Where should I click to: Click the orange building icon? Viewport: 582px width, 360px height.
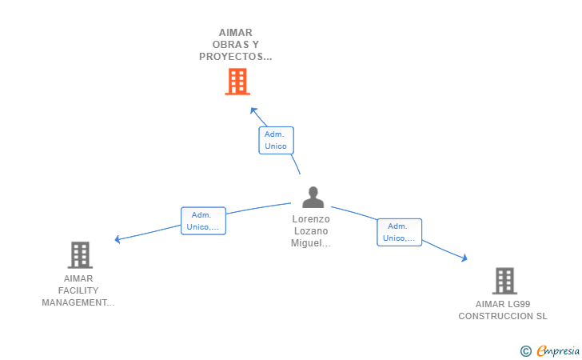(237, 82)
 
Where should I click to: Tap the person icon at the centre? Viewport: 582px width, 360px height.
(313, 198)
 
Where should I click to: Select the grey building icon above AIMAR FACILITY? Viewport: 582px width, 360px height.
(80, 255)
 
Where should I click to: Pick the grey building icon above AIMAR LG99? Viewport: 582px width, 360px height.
(504, 281)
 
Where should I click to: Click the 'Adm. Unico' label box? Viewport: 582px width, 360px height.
(276, 140)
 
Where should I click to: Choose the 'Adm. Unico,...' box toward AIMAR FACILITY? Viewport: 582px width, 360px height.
(203, 221)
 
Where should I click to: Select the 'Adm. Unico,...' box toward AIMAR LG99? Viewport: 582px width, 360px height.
(399, 232)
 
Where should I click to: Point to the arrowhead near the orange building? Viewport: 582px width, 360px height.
(253, 110)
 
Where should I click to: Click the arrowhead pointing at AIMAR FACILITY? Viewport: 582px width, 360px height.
(118, 238)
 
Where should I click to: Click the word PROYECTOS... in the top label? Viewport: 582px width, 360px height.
(236, 57)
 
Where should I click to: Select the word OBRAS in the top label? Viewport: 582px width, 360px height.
(223, 45)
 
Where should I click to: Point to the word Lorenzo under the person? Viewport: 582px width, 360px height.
(311, 218)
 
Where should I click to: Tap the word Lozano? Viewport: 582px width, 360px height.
(311, 231)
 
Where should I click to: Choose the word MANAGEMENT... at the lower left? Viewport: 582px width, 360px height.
(78, 302)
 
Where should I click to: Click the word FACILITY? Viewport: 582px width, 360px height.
(78, 290)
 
